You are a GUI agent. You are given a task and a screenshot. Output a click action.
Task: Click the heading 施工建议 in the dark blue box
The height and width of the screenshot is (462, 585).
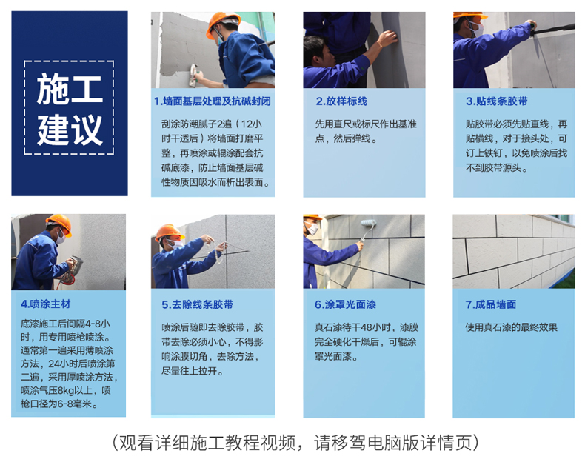point(70,109)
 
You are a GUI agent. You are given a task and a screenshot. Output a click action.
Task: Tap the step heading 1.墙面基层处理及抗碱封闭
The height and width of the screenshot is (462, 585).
point(213,101)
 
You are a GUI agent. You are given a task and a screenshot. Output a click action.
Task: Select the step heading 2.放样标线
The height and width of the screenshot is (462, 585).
point(341,101)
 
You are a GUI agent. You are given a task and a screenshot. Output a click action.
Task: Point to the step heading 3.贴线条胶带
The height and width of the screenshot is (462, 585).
point(497,101)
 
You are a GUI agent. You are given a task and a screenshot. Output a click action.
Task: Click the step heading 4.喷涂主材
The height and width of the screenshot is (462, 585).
point(45,304)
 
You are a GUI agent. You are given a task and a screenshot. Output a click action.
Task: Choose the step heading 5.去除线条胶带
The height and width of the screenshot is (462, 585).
point(198,304)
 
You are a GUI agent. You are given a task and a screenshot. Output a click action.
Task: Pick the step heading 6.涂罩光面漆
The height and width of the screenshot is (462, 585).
point(345,304)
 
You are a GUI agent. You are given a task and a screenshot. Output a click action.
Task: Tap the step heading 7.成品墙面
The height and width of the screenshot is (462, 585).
point(491,304)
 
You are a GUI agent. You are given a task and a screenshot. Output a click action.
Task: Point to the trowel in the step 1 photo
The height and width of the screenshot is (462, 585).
point(193,75)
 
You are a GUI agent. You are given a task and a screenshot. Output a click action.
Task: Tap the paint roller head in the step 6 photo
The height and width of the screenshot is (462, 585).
point(369,223)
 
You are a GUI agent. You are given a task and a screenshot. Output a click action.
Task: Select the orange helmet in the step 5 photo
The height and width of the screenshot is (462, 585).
point(169,232)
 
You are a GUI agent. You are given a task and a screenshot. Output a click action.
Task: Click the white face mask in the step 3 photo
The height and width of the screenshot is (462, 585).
point(477,29)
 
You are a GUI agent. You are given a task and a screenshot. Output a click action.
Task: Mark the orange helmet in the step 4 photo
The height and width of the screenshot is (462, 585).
point(60,223)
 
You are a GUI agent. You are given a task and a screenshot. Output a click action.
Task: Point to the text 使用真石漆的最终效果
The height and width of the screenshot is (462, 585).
point(511,327)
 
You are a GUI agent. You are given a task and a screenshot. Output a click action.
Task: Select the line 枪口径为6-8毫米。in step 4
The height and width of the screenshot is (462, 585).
point(59,404)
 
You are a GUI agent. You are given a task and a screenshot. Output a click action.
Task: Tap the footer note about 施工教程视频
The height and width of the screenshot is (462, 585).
point(295,443)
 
